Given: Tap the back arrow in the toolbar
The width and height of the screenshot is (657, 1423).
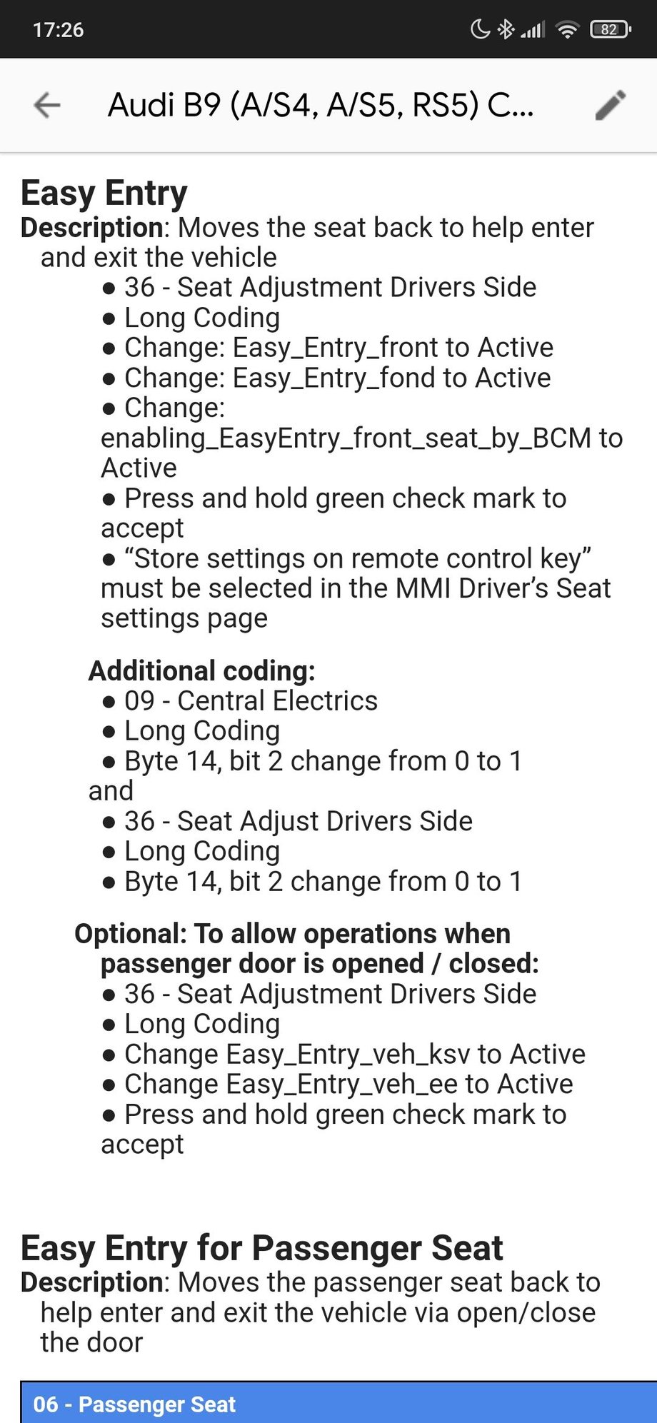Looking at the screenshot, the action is [x=47, y=105].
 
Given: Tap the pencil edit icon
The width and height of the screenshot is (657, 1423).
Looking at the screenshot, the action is [x=611, y=105].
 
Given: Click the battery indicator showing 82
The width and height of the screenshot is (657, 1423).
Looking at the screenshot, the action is [x=610, y=29].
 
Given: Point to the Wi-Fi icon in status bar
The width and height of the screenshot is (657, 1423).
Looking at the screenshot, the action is [x=567, y=29].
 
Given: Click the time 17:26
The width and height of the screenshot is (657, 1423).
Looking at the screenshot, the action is [x=58, y=29].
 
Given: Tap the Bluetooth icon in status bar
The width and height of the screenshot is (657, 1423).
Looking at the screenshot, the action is [x=506, y=29].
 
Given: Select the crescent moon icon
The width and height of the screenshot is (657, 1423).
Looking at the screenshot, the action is [x=480, y=29].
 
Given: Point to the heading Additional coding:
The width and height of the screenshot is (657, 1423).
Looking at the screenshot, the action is [x=201, y=670].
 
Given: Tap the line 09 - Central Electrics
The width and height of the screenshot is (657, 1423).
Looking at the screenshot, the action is [x=250, y=700].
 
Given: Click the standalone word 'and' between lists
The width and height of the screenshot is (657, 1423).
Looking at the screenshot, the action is [x=111, y=791].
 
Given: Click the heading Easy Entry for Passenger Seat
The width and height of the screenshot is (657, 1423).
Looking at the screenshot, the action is [x=261, y=1248].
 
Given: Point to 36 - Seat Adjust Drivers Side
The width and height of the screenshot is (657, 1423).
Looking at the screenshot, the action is [x=298, y=821].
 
